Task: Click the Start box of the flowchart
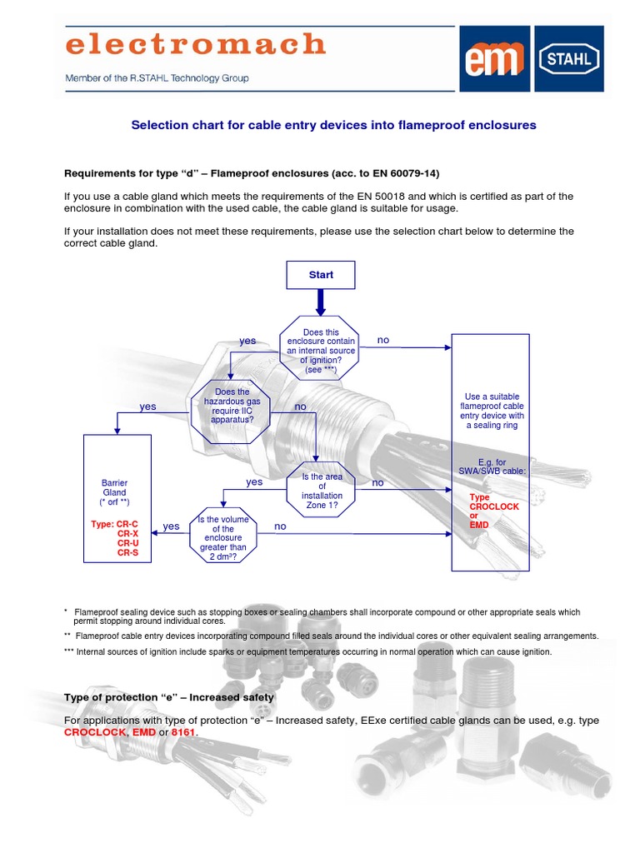pos(321,275)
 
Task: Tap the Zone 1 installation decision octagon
pos(322,491)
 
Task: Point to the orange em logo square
pos(495,58)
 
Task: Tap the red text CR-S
pos(128,552)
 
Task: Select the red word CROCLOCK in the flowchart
pos(494,506)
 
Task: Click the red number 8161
pos(184,732)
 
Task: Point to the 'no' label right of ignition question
pos(383,340)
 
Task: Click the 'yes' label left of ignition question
pos(247,341)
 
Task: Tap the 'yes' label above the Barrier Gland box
pos(147,407)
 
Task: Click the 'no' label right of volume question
pos(280,526)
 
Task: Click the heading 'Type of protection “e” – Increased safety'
pos(169,697)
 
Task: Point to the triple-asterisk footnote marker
pos(69,651)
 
